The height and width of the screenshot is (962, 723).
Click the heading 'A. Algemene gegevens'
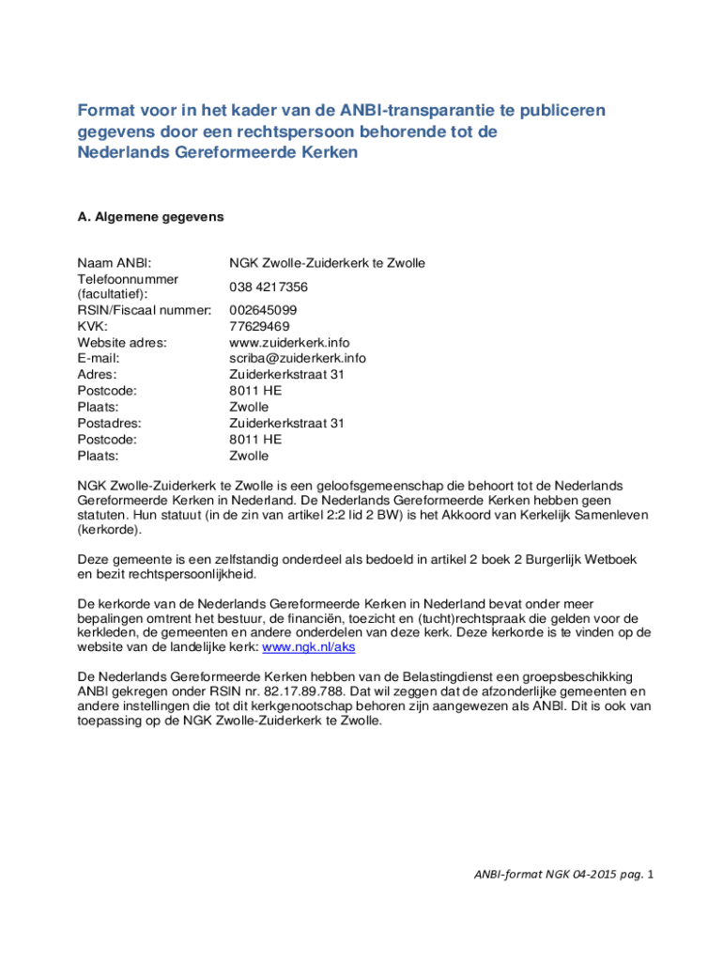150,216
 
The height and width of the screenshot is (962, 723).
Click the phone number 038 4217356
269,287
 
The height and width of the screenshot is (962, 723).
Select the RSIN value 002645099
263,310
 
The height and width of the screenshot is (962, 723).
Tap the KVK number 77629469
259,326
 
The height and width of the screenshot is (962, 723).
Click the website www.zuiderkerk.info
289,342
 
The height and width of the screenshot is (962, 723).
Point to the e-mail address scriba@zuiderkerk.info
298,358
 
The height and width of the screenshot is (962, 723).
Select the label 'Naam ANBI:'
114,263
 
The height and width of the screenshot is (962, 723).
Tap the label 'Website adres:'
122,342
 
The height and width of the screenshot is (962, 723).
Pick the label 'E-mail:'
98,358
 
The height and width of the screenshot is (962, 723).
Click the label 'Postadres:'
108,423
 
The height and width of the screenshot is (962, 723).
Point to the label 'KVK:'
92,326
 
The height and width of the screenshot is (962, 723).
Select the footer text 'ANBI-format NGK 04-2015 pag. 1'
560,875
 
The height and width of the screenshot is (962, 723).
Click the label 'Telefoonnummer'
128,279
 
